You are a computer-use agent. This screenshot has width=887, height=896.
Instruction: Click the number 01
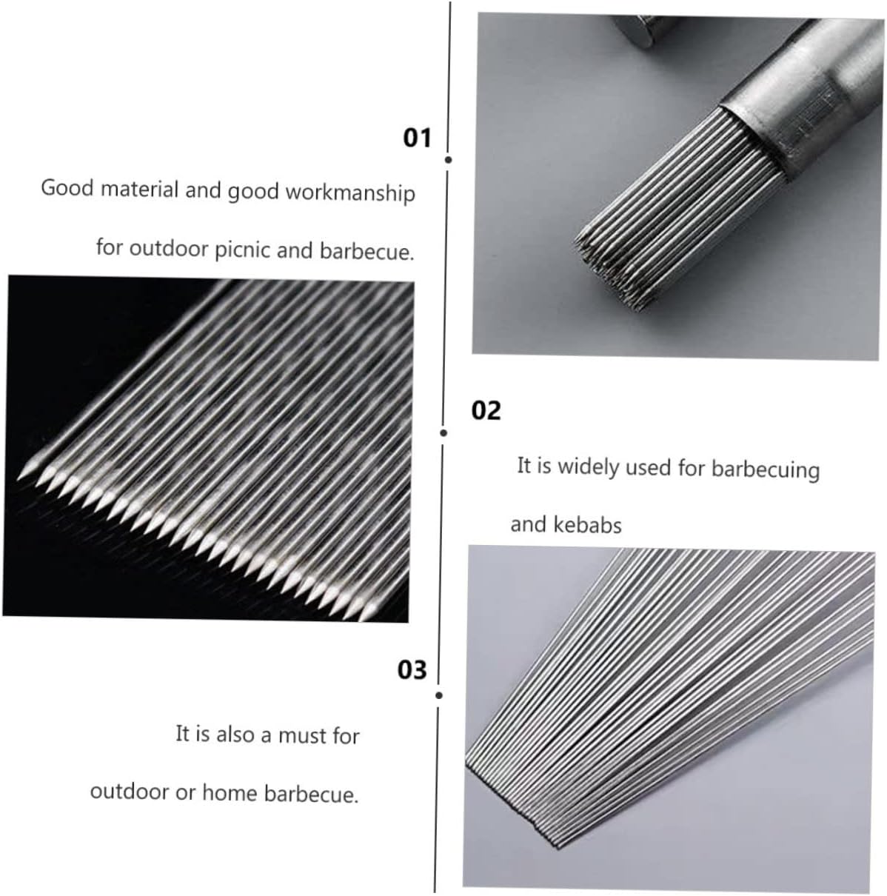click(417, 138)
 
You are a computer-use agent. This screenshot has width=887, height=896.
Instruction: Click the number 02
click(486, 410)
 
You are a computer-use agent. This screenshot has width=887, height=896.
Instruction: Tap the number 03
click(412, 670)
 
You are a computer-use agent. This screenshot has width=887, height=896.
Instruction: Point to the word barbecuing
click(765, 469)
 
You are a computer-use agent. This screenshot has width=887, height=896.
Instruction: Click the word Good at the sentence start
click(67, 187)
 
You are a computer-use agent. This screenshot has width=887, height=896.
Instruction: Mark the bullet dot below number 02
click(443, 433)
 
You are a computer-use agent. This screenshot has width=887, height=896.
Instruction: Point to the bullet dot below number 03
click(439, 695)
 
